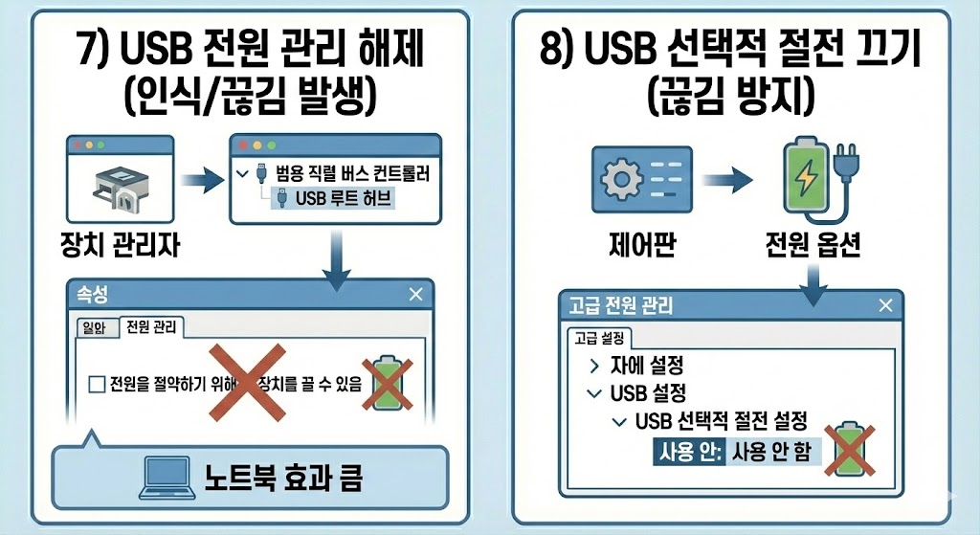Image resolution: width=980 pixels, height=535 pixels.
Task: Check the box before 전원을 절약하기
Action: [x=96, y=385]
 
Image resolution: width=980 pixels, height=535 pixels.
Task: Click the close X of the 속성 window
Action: [x=414, y=295]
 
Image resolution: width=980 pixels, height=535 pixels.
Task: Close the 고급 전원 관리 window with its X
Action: [x=882, y=306]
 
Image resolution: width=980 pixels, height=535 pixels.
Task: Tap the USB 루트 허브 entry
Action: [x=330, y=199]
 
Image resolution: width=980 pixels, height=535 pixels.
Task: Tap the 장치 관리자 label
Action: [x=119, y=248]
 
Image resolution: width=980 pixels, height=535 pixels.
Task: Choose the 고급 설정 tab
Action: [x=598, y=338]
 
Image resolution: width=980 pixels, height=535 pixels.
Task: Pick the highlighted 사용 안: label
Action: [x=686, y=451]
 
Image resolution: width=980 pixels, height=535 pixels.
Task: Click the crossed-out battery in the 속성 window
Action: [x=386, y=384]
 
